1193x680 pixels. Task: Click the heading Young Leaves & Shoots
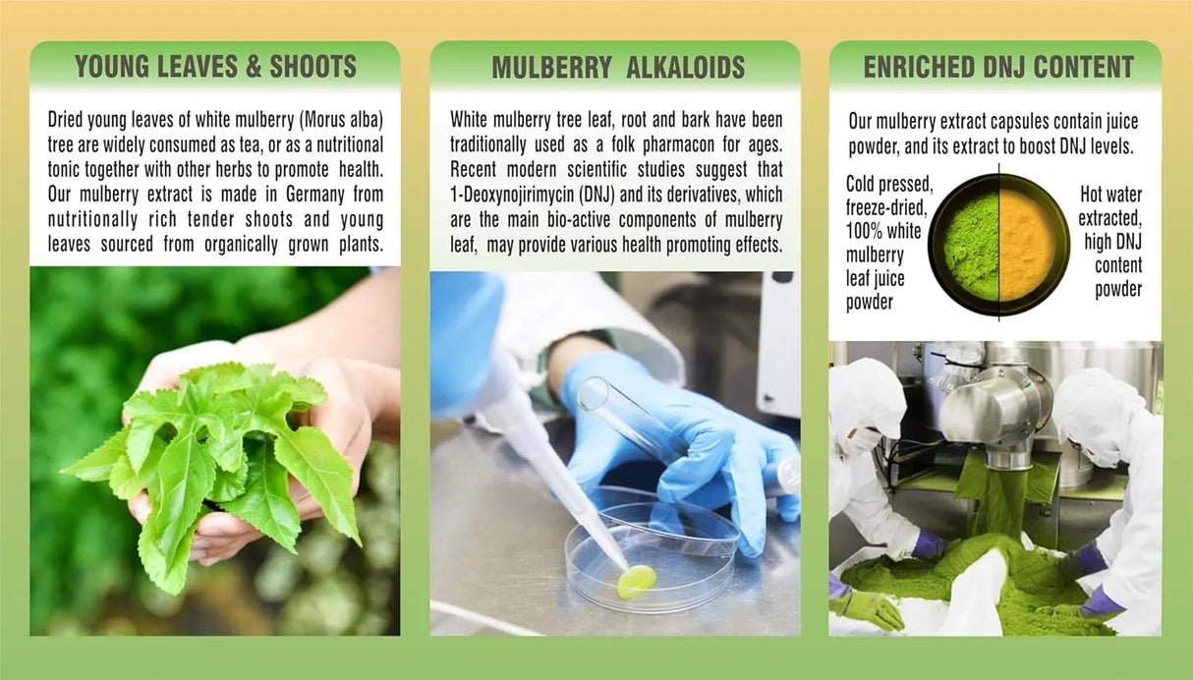(x=215, y=67)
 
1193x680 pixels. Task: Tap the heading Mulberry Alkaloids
(x=618, y=68)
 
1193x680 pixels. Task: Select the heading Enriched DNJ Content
(x=998, y=67)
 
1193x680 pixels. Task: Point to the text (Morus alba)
(x=341, y=120)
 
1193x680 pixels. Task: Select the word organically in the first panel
(x=242, y=245)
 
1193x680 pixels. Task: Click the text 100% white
(x=883, y=231)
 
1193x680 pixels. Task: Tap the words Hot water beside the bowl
(x=1111, y=195)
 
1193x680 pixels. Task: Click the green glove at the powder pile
(x=869, y=607)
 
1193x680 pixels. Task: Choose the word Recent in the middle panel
(x=473, y=170)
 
